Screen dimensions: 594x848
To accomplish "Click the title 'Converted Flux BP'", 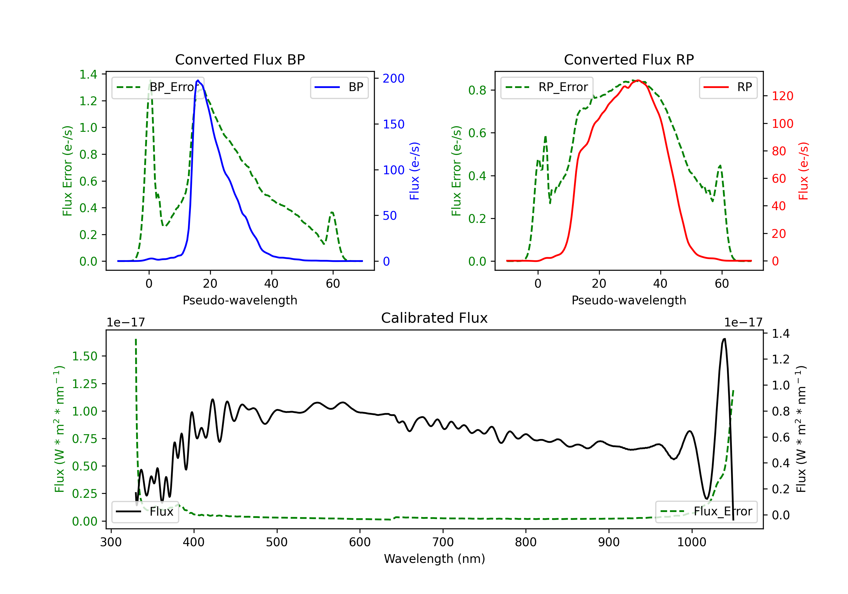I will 240,59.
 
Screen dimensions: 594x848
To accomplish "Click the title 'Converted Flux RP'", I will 629,59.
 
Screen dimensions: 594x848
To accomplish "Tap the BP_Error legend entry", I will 158,87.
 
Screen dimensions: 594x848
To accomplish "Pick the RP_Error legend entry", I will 547,87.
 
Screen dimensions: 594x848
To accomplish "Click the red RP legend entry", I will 728,87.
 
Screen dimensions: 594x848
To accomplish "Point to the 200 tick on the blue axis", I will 393,78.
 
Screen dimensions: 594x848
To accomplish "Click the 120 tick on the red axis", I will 782,96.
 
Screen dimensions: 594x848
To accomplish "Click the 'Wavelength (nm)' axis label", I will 434,559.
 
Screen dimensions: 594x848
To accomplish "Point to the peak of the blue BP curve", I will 198,80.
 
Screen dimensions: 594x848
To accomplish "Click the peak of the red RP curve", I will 638,80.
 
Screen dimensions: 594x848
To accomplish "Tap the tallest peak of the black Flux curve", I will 724,339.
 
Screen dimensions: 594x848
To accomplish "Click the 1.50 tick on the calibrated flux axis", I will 84,356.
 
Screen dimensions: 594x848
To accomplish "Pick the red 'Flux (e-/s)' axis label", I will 803,171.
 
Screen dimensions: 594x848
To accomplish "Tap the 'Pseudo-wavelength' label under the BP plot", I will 240,300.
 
